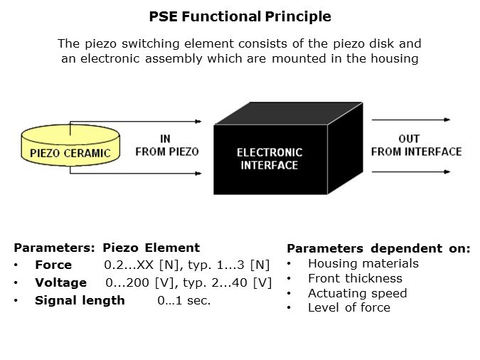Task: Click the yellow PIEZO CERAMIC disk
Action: [x=70, y=145]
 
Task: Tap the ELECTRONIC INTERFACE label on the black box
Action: [x=270, y=159]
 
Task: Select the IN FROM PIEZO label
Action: [x=167, y=145]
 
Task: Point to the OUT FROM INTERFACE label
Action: [x=416, y=145]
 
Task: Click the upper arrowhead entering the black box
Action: [x=198, y=122]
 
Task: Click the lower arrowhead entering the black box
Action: [x=198, y=174]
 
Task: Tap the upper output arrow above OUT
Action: [x=411, y=120]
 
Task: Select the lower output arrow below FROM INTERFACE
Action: [x=411, y=172]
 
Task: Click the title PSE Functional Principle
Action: [x=240, y=16]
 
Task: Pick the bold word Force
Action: [x=53, y=265]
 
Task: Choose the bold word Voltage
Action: [x=60, y=282]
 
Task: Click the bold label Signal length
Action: [x=80, y=300]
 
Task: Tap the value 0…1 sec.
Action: [x=184, y=300]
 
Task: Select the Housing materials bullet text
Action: [x=363, y=263]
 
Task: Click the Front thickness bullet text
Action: [x=355, y=278]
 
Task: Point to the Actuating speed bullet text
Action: [x=358, y=293]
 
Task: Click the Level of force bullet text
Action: [x=349, y=307]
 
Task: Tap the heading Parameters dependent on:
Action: [x=379, y=248]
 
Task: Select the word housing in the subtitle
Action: [x=395, y=58]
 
